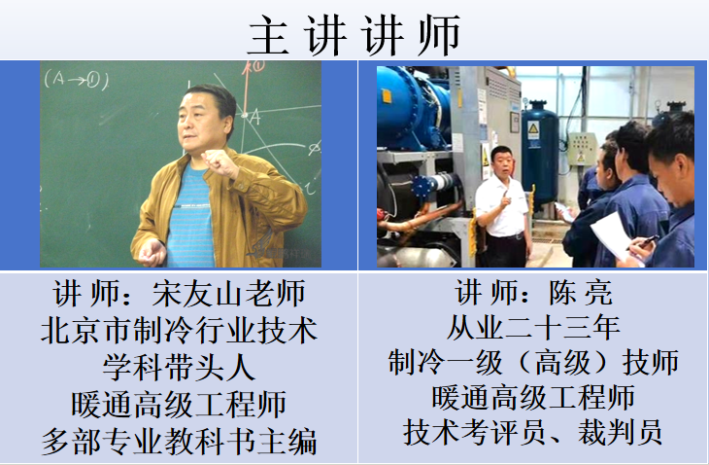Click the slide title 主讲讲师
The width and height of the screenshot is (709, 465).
(x=354, y=35)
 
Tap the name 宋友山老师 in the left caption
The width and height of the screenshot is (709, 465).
(x=229, y=294)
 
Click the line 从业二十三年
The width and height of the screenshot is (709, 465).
(x=532, y=328)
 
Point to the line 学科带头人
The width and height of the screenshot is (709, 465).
(x=179, y=367)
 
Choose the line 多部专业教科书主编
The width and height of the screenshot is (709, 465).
(x=179, y=441)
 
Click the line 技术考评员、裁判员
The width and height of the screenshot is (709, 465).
(x=532, y=432)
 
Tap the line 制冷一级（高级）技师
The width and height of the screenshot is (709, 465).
(x=532, y=362)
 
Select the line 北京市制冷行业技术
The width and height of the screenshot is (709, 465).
(x=179, y=330)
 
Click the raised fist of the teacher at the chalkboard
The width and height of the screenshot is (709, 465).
(x=219, y=162)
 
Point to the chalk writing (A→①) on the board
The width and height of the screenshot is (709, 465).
(x=77, y=80)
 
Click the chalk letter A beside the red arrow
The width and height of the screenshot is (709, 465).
(x=255, y=118)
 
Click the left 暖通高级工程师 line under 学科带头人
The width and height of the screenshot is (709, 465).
(x=179, y=404)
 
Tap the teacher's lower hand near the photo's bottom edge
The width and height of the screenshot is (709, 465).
(x=152, y=253)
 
